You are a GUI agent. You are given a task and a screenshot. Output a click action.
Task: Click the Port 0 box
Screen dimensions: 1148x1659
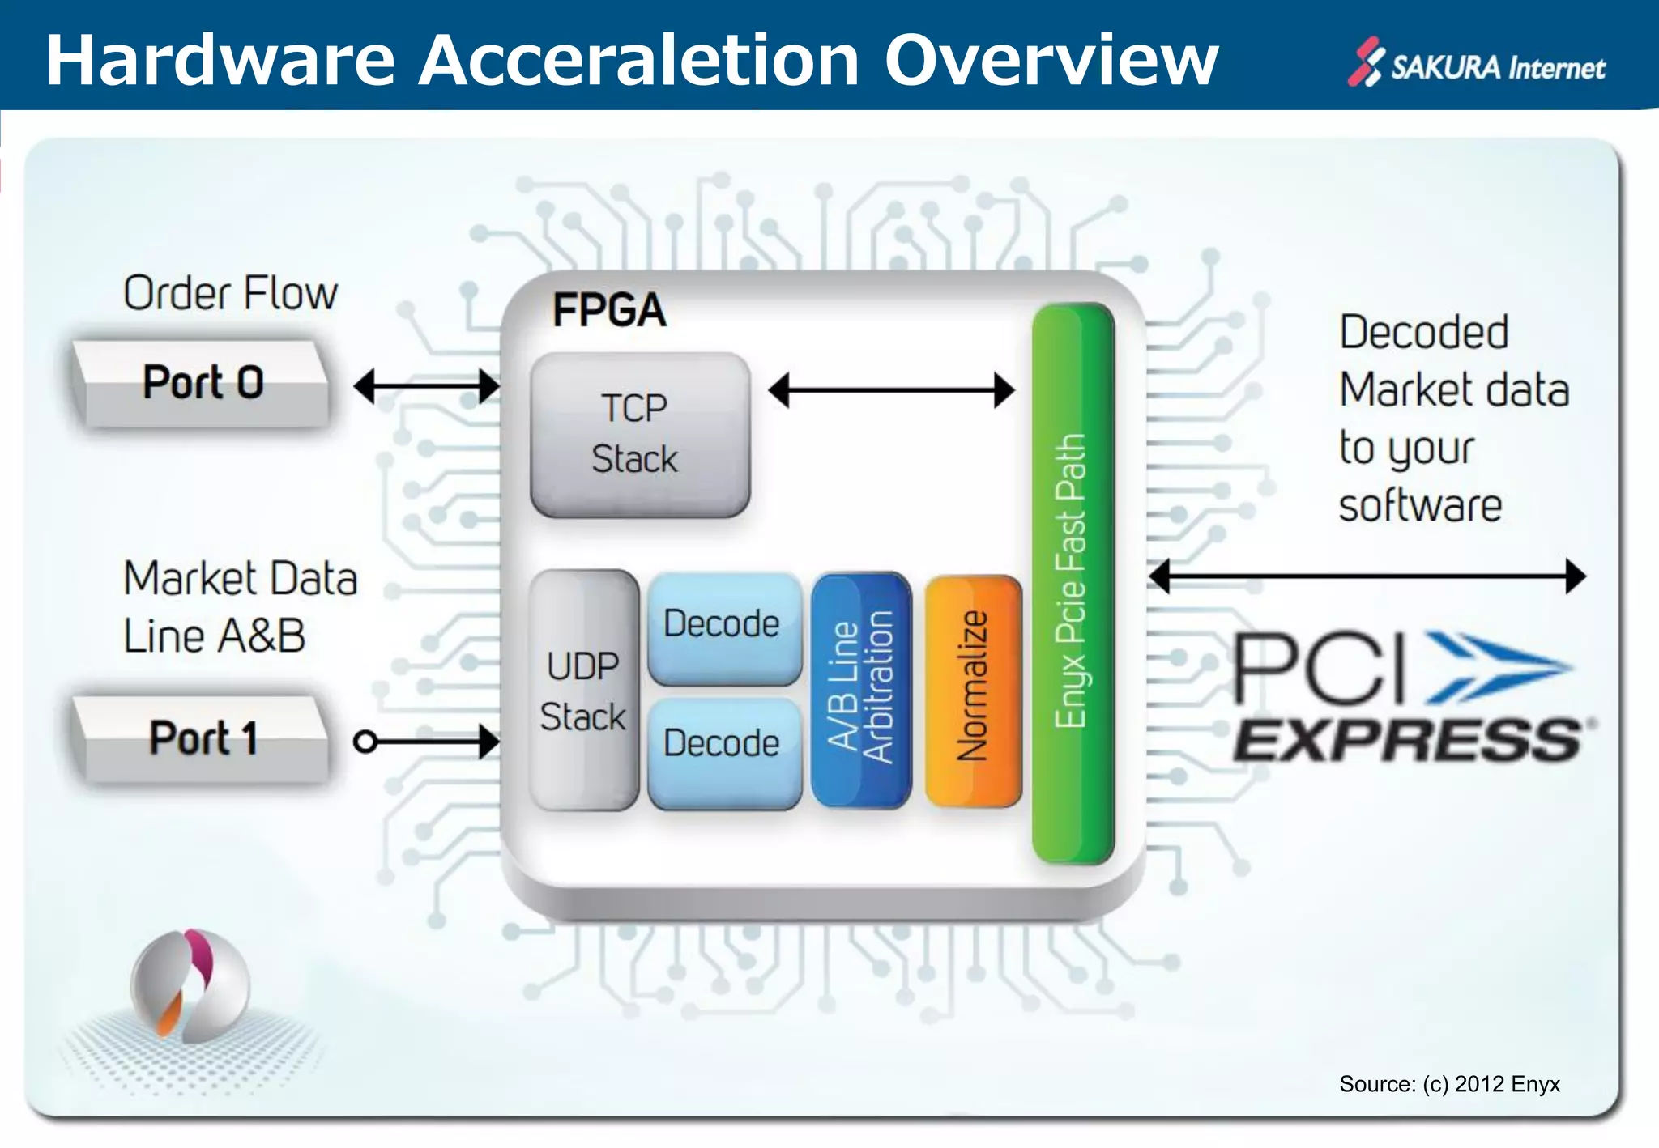point(203,383)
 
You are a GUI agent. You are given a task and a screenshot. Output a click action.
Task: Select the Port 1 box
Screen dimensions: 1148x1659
point(203,738)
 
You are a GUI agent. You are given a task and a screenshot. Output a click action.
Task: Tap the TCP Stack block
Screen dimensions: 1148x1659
point(639,434)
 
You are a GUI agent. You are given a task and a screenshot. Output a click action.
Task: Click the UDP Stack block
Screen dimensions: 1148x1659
point(583,691)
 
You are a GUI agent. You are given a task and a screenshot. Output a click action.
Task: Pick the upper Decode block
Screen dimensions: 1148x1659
point(723,626)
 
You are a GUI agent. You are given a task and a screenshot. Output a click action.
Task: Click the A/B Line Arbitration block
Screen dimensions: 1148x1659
point(860,689)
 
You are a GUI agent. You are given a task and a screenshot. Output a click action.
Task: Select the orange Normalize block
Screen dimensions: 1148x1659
point(973,689)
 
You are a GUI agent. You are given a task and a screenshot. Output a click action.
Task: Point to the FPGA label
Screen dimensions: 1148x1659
point(609,310)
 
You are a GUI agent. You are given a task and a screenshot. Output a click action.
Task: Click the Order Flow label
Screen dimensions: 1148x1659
point(230,293)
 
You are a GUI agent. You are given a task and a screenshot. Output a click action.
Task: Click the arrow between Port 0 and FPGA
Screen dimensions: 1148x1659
point(426,386)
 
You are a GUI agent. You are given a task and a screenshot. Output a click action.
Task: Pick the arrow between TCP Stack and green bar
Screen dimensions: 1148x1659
point(891,390)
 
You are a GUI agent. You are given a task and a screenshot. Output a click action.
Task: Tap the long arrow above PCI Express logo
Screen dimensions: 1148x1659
point(1367,576)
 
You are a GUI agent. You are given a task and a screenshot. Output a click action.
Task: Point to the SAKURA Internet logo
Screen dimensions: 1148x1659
point(1477,65)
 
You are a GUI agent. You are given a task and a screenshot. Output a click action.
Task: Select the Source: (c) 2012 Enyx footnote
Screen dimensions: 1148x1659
point(1449,1084)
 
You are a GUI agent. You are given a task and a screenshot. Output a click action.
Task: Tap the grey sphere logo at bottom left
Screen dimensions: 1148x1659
point(190,986)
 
